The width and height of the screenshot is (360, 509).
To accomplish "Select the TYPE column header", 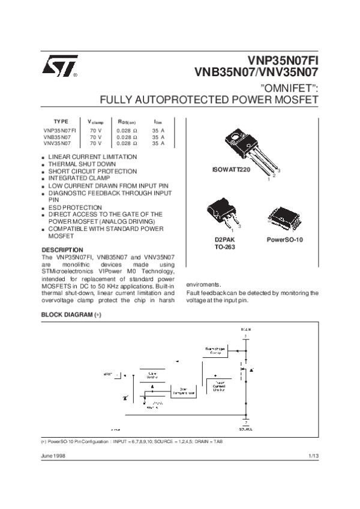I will (x=61, y=121).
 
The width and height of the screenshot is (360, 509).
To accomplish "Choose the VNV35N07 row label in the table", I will (x=57, y=144).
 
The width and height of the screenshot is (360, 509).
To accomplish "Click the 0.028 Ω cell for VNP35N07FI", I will (x=127, y=130).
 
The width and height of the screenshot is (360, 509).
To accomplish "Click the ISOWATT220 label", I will (x=231, y=170).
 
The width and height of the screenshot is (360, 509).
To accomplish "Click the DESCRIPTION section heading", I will (x=62, y=249).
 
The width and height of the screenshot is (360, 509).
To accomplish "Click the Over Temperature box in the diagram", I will (x=184, y=391).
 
